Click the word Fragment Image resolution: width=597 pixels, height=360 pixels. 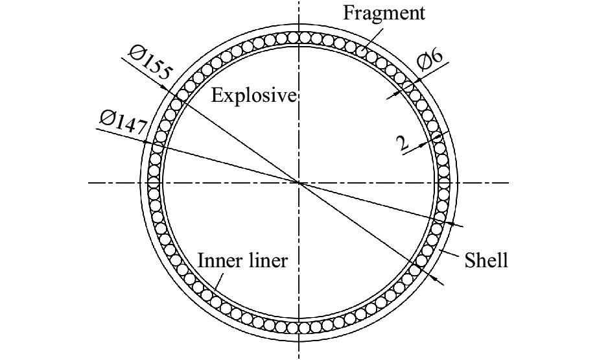tap(384, 12)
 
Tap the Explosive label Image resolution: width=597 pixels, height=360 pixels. tap(253, 95)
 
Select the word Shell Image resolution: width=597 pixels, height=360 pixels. tap(486, 261)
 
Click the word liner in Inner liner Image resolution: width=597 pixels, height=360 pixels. tap(268, 261)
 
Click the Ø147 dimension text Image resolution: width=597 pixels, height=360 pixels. tap(123, 122)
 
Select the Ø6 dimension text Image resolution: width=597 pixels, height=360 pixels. tap(430, 60)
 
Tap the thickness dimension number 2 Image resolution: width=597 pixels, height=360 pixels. tap(402, 144)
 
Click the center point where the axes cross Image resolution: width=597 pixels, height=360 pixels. tap(299, 183)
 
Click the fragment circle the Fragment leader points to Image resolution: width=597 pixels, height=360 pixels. tap(360, 50)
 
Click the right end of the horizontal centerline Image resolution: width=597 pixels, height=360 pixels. tap(509, 183)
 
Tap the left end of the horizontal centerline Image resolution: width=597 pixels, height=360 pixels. tap(88, 183)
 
